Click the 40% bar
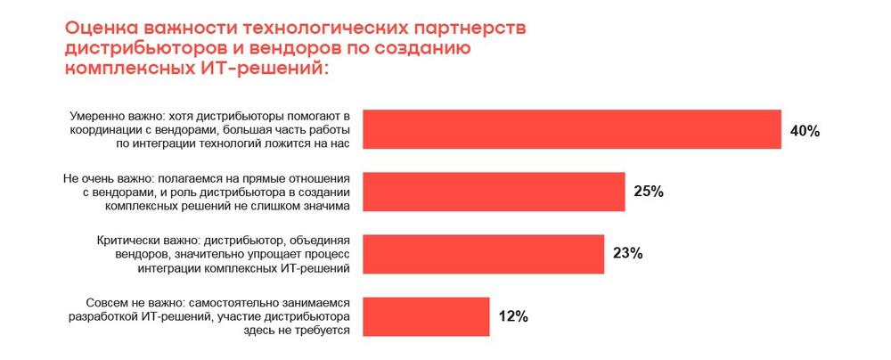coord(572,130)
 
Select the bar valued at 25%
coord(494,192)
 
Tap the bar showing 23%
coord(483,254)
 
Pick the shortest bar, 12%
coord(426,316)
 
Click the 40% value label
coord(805,131)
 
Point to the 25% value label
coord(649,192)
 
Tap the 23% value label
coord(627,254)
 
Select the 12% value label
coord(513,316)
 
